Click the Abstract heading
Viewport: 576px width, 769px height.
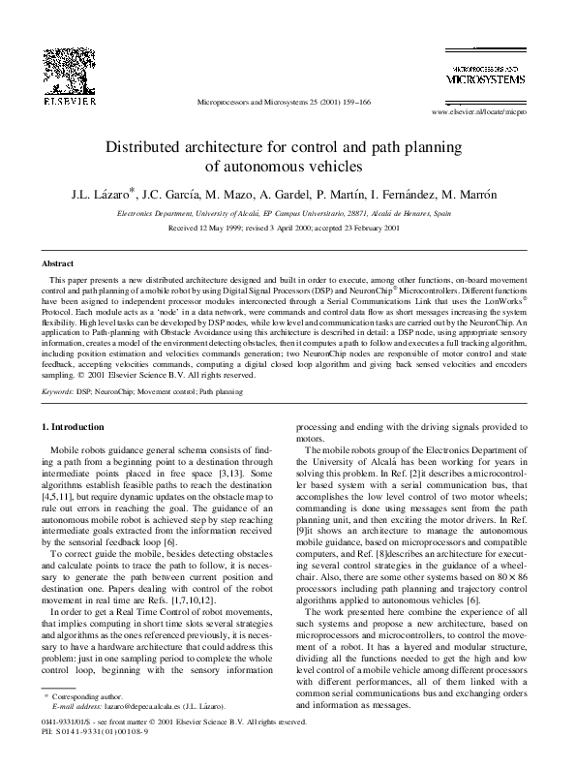coord(58,263)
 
